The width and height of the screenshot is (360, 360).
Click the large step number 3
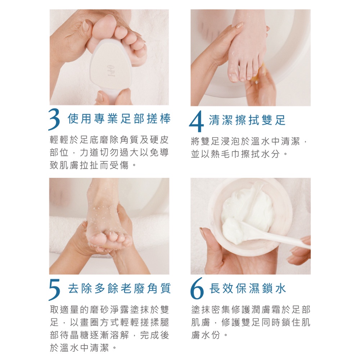tap(54, 120)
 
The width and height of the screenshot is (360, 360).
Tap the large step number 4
tap(197, 121)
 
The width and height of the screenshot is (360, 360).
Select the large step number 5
tap(54, 289)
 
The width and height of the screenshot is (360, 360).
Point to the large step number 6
tap(197, 288)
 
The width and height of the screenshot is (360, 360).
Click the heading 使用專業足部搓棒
tap(119, 119)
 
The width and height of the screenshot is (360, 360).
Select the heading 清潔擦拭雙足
tap(247, 120)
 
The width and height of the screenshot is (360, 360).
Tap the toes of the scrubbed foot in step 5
tap(114, 239)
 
